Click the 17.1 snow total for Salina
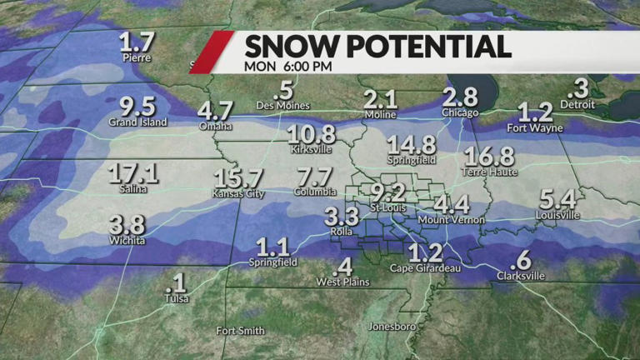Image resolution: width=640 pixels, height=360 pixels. pos(133,173)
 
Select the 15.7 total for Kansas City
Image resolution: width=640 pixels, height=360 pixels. pos(237,177)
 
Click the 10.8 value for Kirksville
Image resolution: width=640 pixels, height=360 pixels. pos(312,135)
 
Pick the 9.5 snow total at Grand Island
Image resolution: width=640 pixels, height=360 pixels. pos(137,107)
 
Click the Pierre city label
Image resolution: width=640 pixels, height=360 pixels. pos(136,59)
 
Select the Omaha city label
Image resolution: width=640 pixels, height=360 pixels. pos(215,127)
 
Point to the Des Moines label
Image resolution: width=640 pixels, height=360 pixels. pos(284,106)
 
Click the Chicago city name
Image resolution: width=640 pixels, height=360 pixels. pos(460,112)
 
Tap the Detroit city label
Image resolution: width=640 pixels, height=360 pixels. pos(577,105)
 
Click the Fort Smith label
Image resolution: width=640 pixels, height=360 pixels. pos(240,331)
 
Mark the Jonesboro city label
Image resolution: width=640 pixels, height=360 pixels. pos(392,327)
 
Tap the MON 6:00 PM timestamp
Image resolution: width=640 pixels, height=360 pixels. pos(287,66)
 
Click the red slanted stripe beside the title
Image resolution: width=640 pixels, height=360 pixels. pos(211,52)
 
